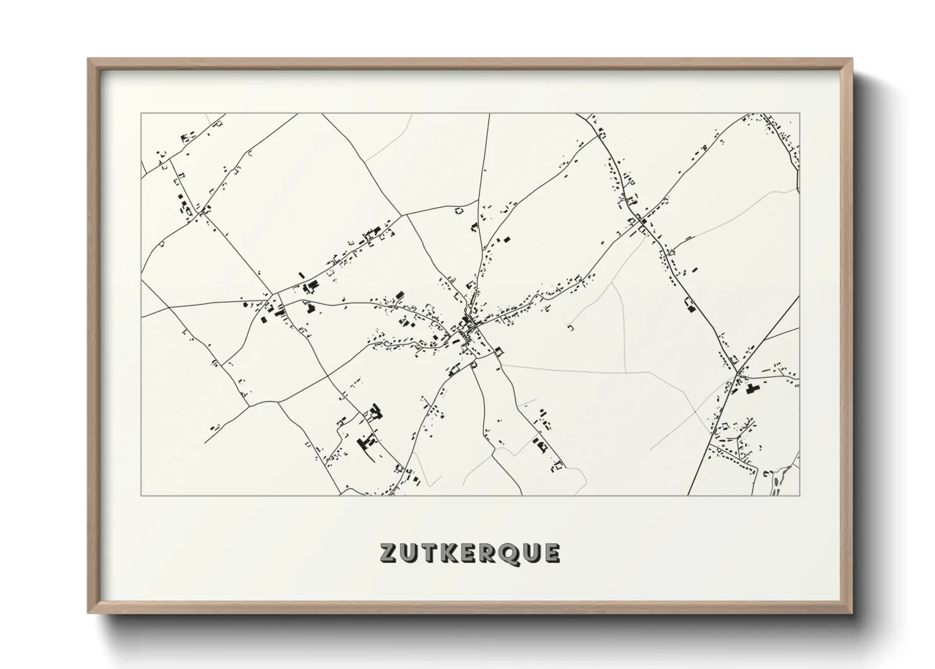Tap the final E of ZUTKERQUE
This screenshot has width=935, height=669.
tap(552, 553)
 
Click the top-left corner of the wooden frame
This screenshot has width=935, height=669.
tap(88, 59)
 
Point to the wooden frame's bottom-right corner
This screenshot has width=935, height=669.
tap(852, 613)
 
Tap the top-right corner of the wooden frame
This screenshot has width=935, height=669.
tap(852, 59)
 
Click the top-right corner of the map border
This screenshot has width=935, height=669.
tap(799, 114)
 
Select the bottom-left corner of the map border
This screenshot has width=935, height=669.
tap(141, 495)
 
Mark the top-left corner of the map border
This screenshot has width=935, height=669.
tap(141, 114)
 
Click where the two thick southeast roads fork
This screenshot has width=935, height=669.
tap(737, 373)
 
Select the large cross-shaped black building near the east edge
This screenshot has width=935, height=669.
tap(752, 388)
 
